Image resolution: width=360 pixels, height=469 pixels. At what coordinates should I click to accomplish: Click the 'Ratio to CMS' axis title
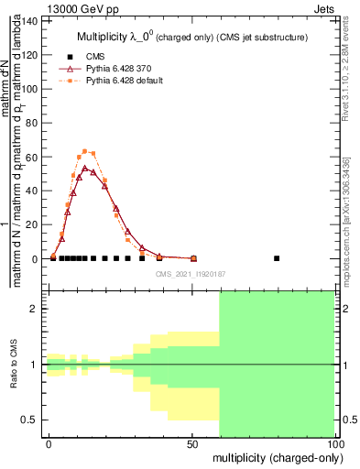(x=14, y=365)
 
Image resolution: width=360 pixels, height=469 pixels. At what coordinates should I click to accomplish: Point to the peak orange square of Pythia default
(x=84, y=151)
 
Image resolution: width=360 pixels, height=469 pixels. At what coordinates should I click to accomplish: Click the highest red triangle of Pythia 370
(x=85, y=169)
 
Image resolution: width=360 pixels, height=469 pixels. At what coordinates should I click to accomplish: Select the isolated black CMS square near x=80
(x=277, y=258)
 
